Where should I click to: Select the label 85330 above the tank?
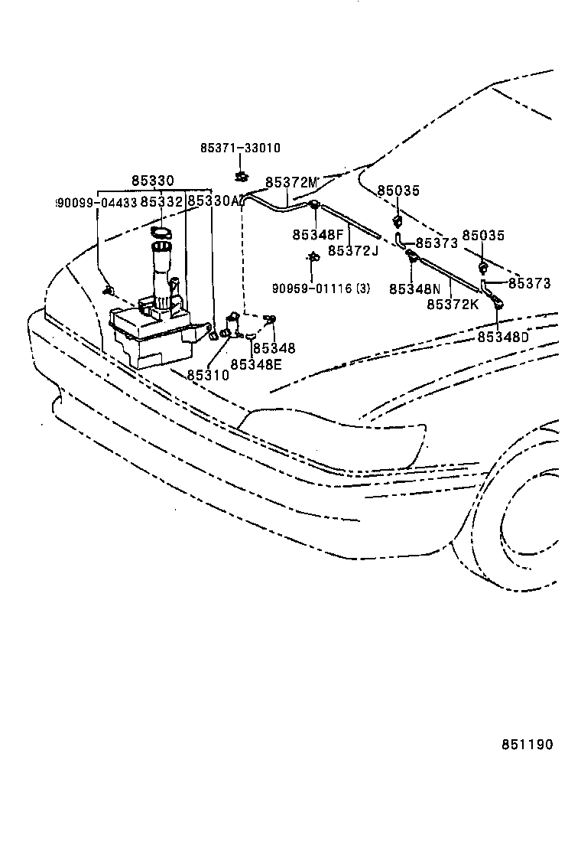coord(152,181)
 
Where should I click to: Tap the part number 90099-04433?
coord(96,203)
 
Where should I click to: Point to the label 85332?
coord(161,202)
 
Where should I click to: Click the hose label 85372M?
coord(291,182)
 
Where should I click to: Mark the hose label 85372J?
coord(353,250)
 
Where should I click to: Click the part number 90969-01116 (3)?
coord(321,289)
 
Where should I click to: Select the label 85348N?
coord(414,289)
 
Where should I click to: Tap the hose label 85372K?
coord(452,304)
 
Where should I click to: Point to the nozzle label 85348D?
coord(503,336)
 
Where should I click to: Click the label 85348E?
coord(255,364)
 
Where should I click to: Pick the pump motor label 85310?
coord(207,376)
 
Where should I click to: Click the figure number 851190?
coord(527,745)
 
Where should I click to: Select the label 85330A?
coord(215,201)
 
